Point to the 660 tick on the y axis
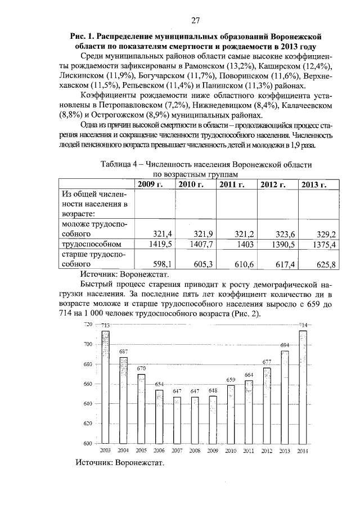88,384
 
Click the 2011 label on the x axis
249,451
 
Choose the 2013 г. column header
316,184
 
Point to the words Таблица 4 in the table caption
121,164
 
